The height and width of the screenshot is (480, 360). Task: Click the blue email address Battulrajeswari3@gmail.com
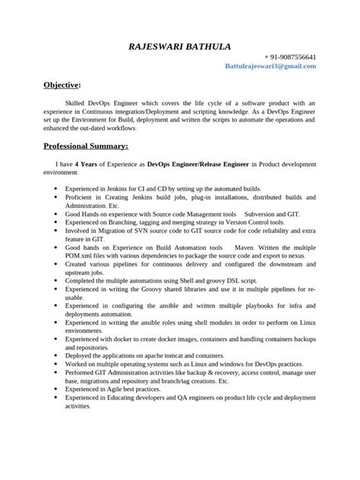(x=271, y=67)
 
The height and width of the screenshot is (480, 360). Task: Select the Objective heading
(x=62, y=85)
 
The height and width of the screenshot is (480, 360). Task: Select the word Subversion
(x=263, y=215)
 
